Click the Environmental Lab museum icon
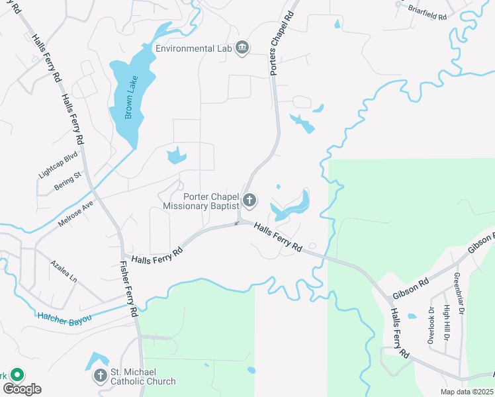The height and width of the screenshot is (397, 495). click(243, 48)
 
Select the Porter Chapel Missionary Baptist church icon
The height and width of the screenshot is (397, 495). click(249, 200)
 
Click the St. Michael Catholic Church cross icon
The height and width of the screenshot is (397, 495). click(100, 376)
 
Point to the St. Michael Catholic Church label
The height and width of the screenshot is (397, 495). click(143, 376)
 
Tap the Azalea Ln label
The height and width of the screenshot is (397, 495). click(64, 271)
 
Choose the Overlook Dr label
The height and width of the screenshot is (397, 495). click(431, 324)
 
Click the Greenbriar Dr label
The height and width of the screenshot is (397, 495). click(458, 294)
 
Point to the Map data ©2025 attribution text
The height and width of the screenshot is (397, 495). click(466, 392)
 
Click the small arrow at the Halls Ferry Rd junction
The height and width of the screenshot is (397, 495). click(237, 223)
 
